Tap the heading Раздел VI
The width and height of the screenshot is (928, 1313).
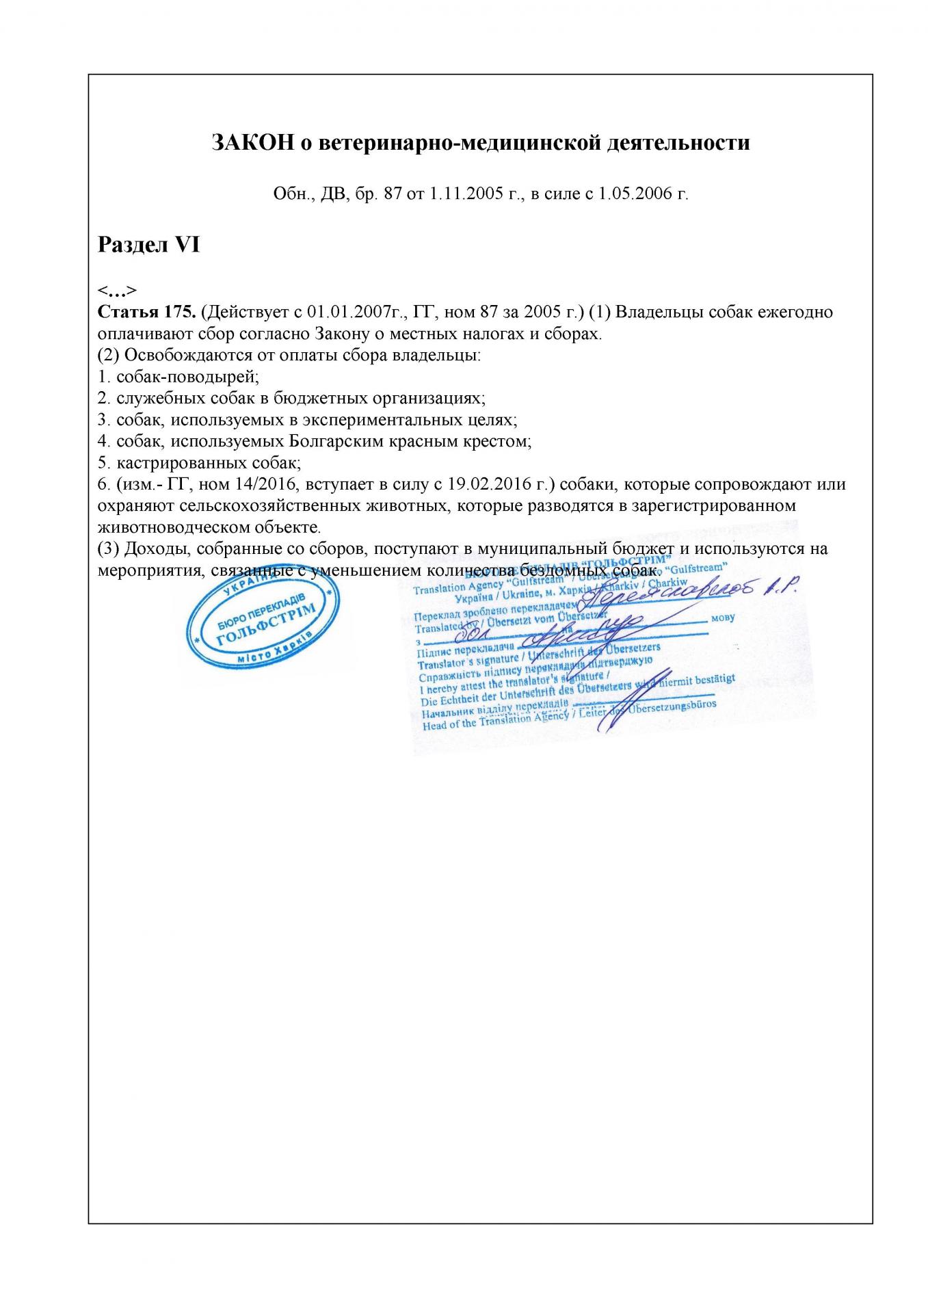pyautogui.click(x=148, y=244)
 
